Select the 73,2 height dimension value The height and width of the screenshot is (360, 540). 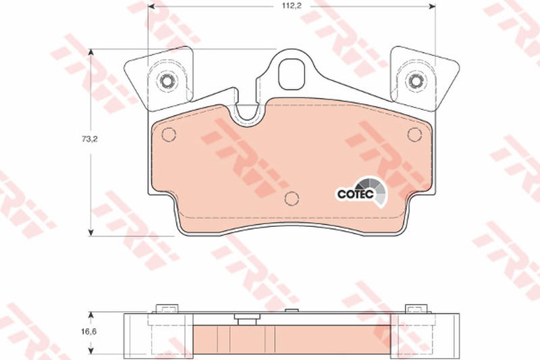[x=90, y=139]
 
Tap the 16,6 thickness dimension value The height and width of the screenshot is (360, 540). [x=89, y=332]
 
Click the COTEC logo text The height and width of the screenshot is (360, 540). [x=356, y=194]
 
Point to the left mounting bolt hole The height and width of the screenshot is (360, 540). [x=167, y=81]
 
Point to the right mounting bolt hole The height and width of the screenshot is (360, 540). [x=415, y=81]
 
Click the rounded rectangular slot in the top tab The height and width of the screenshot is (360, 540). [x=292, y=74]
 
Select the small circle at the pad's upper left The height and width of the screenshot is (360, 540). [x=169, y=134]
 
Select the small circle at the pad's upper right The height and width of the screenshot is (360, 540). [x=414, y=134]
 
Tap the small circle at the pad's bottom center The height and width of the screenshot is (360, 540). [x=292, y=198]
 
